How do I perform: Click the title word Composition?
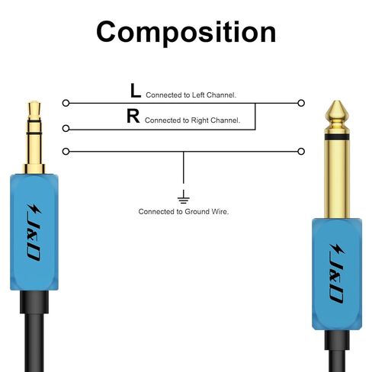(x=186, y=33)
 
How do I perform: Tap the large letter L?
(x=136, y=91)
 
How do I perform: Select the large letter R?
(x=133, y=116)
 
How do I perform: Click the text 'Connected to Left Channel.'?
(x=191, y=95)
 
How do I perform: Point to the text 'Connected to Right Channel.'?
(x=192, y=120)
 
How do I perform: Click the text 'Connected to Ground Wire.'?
(x=184, y=211)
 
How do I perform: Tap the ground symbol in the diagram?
(x=184, y=197)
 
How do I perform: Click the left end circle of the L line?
(x=66, y=103)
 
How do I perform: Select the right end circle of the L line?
(x=301, y=103)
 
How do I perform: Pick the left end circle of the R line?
(x=66, y=129)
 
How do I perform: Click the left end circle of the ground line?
(x=66, y=152)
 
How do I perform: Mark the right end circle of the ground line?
(x=301, y=152)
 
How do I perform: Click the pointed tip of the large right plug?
(x=337, y=101)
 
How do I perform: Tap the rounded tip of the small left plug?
(x=34, y=102)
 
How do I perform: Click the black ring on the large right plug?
(x=337, y=137)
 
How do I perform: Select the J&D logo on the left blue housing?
(x=34, y=232)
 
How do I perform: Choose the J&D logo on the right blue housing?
(x=337, y=273)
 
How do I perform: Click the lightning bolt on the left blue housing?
(x=35, y=210)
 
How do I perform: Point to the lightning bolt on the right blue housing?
(x=337, y=249)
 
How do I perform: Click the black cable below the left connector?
(x=34, y=342)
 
